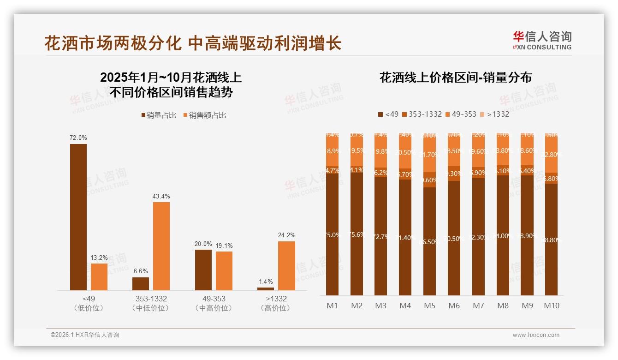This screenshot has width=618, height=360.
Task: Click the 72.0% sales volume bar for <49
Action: pyautogui.click(x=78, y=217)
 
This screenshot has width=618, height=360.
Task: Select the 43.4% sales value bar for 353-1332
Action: pyautogui.click(x=161, y=246)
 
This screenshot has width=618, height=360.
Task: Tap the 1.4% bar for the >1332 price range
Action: pyautogui.click(x=266, y=289)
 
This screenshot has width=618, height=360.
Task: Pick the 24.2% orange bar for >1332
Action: pyautogui.click(x=286, y=266)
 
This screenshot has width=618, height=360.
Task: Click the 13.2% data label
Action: pyautogui.click(x=99, y=258)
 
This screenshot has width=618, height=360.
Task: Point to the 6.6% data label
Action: pyautogui.click(x=141, y=271)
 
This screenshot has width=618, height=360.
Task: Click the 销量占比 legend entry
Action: pyautogui.click(x=159, y=115)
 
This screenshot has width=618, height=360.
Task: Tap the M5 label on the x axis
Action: pyautogui.click(x=429, y=306)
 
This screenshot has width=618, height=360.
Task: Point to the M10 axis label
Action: pyautogui.click(x=552, y=306)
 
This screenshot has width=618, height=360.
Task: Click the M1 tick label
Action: pyautogui.click(x=332, y=306)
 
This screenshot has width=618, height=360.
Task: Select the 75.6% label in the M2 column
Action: pyautogui.click(x=357, y=234)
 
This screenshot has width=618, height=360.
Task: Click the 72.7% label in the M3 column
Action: pyautogui.click(x=381, y=237)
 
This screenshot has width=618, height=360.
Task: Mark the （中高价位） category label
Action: pyautogui.click(x=214, y=308)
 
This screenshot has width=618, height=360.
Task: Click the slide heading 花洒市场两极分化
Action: pyautogui.click(x=113, y=43)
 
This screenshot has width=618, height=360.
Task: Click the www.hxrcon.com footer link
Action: pyautogui.click(x=536, y=335)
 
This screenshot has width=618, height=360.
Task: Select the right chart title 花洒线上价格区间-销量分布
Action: pyautogui.click(x=455, y=78)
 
